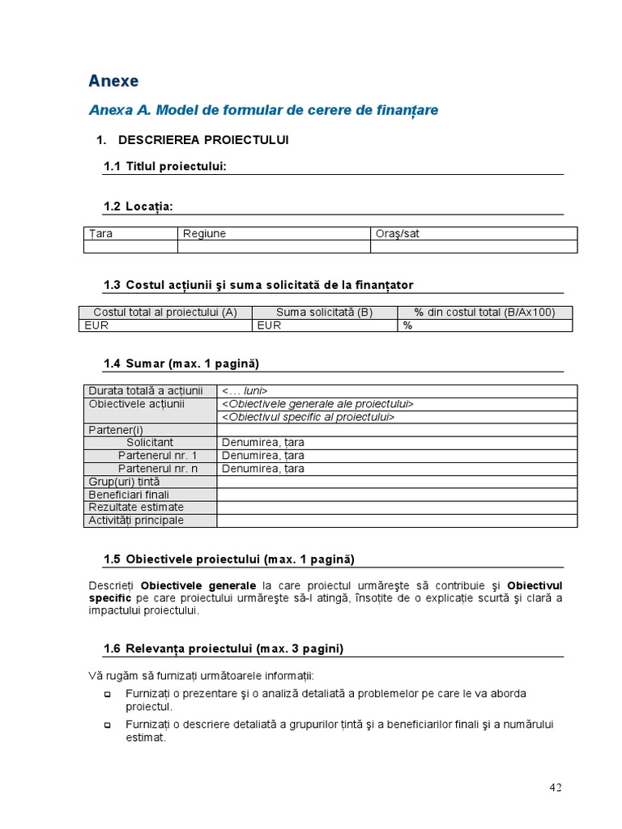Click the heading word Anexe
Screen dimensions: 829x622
click(x=113, y=81)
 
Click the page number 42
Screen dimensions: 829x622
click(x=556, y=787)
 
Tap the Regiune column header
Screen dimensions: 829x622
click(x=204, y=233)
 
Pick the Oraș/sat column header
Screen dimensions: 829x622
click(x=397, y=233)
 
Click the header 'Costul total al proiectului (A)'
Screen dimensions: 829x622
click(x=165, y=312)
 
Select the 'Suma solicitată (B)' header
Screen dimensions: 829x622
click(x=324, y=312)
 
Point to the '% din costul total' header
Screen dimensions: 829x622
click(x=484, y=312)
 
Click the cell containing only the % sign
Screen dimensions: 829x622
click(x=408, y=325)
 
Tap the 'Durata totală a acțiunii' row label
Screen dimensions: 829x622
click(x=146, y=390)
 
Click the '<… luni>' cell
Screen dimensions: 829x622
click(x=245, y=390)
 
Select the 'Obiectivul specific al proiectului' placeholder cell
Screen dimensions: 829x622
click(x=308, y=416)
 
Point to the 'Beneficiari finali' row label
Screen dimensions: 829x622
click(x=129, y=494)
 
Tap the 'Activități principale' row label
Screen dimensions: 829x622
click(x=136, y=520)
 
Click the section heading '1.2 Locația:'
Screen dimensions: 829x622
click(x=138, y=206)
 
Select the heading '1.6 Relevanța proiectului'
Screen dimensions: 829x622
click(x=223, y=648)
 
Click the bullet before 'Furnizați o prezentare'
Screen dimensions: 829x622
click(x=108, y=695)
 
